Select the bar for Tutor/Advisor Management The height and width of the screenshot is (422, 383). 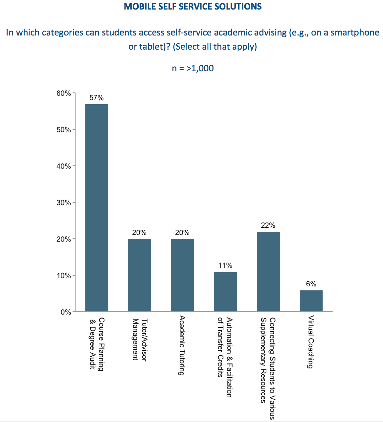(140, 275)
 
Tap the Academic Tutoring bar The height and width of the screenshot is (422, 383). (182, 275)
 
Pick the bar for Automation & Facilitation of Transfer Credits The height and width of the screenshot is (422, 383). (225, 292)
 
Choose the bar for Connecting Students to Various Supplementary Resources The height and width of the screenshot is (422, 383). (268, 271)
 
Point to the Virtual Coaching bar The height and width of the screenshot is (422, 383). (311, 301)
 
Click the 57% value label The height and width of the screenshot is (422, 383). (97, 98)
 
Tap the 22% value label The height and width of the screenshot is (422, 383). (268, 225)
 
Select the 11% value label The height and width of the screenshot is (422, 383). (225, 266)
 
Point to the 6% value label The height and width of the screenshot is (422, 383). (311, 284)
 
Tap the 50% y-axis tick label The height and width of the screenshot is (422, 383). (64, 130)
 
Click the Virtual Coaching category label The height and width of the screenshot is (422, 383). (310, 342)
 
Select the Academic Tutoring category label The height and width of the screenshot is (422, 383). (182, 345)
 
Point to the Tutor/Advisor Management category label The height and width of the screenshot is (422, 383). (140, 340)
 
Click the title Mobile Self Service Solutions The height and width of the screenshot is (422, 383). (193, 7)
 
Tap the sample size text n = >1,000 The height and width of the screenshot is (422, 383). (193, 68)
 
